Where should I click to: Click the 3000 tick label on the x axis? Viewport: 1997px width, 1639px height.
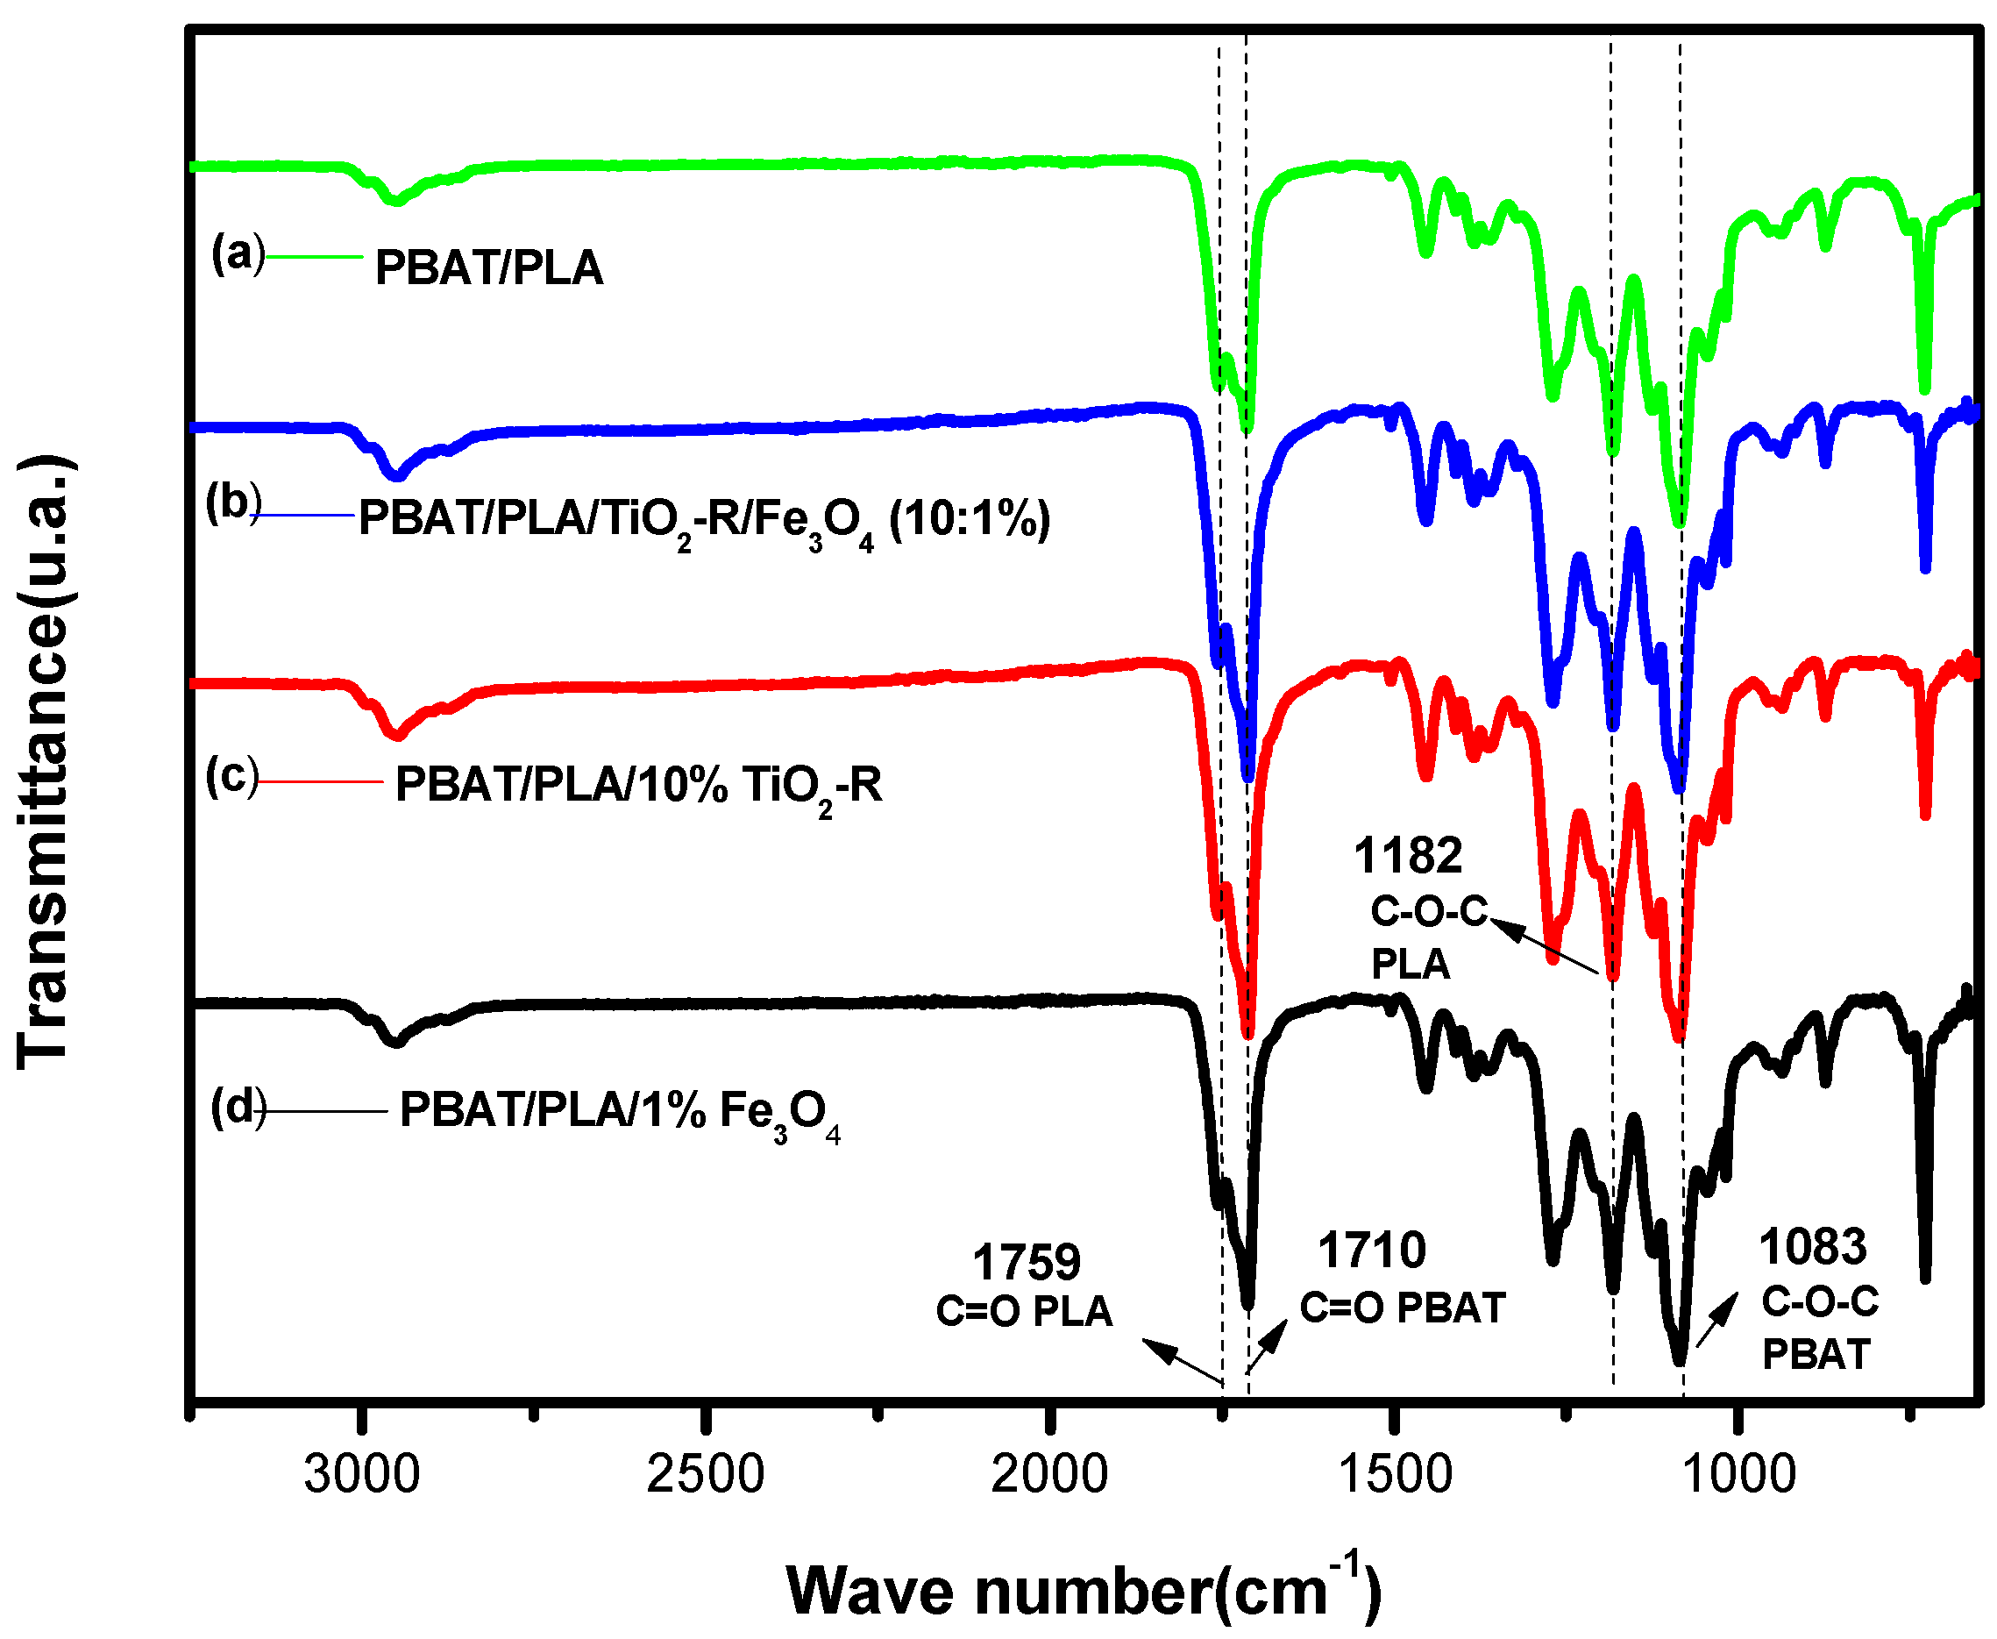click(x=361, y=1474)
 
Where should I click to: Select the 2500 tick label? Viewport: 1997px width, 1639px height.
click(x=705, y=1474)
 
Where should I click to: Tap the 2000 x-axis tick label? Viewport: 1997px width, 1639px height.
click(x=1048, y=1474)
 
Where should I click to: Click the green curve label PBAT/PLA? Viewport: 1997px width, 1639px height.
click(x=488, y=268)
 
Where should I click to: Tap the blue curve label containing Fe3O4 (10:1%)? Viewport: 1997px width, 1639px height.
click(x=703, y=520)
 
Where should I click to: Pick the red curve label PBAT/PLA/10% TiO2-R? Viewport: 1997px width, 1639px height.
click(x=638, y=786)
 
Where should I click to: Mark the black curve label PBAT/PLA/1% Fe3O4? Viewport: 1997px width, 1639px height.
click(x=618, y=1111)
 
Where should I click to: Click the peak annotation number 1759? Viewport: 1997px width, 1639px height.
click(x=1026, y=1262)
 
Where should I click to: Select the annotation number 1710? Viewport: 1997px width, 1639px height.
click(x=1371, y=1251)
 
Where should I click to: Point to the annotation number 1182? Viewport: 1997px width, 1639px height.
click(x=1407, y=856)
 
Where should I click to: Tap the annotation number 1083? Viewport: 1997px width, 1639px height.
click(x=1812, y=1247)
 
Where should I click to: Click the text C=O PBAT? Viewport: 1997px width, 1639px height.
click(x=1402, y=1308)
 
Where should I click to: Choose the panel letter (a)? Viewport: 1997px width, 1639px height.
click(x=238, y=253)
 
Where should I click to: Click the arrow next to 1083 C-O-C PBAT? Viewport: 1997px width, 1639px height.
click(x=1716, y=1320)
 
